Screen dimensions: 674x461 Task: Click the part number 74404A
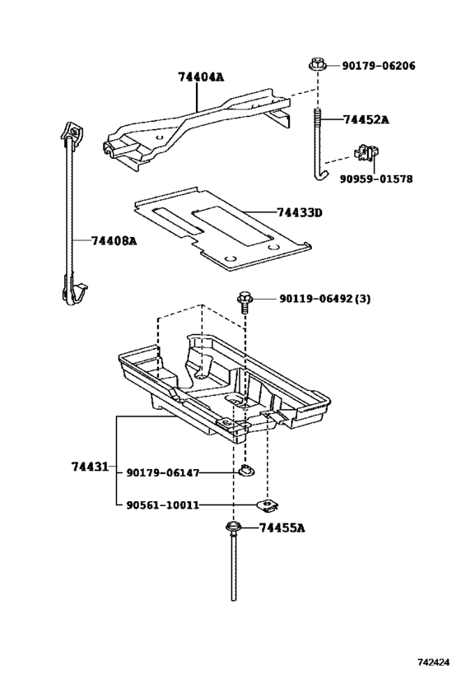201,77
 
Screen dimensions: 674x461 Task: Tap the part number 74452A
366,119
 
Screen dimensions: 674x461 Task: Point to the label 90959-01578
376,178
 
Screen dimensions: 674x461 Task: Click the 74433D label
299,213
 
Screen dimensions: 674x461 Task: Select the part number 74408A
114,240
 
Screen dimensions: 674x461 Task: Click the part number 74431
89,467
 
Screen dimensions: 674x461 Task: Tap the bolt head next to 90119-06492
244,298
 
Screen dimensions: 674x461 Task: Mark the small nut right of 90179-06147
245,472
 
